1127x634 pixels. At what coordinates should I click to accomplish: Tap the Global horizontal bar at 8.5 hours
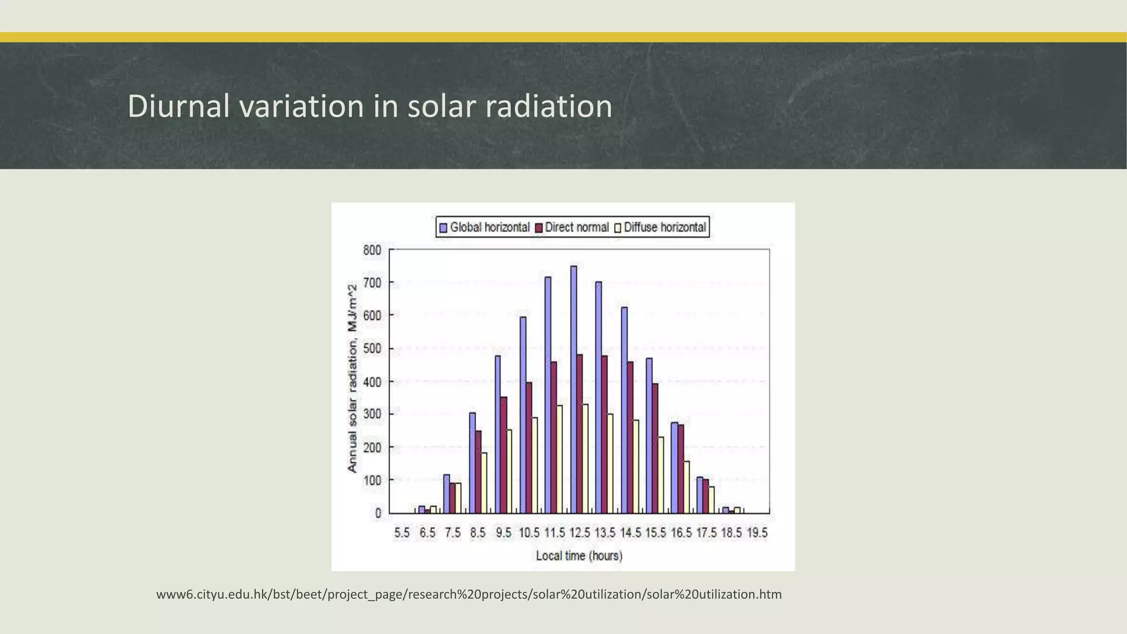click(472, 463)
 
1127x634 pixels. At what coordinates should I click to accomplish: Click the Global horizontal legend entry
click(484, 227)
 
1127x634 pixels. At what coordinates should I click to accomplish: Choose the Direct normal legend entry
click(572, 227)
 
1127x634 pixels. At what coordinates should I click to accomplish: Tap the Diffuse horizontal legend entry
click(660, 227)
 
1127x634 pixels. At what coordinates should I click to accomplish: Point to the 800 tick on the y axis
click(372, 250)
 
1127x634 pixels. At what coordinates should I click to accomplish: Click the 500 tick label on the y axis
click(372, 349)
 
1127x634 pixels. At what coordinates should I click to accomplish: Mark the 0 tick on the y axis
click(378, 513)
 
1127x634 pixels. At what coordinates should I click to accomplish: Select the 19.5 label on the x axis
click(757, 533)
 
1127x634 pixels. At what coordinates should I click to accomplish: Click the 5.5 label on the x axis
click(402, 533)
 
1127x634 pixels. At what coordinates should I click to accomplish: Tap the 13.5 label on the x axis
click(605, 533)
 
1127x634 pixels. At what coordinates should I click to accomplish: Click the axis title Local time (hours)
click(579, 556)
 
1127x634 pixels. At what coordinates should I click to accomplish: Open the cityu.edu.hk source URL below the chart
click(469, 594)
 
